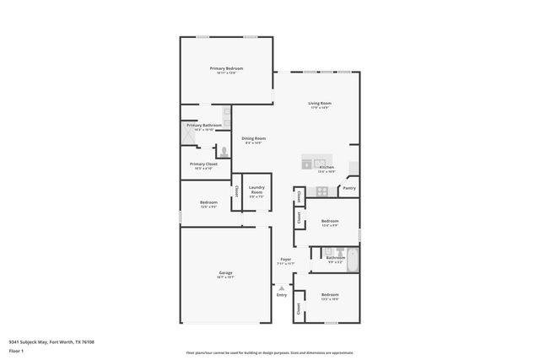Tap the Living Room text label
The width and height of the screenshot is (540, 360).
(319, 103)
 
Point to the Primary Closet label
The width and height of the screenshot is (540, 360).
(203, 164)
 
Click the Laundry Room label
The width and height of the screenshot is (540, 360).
(256, 192)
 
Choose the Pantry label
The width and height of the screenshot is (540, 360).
(349, 188)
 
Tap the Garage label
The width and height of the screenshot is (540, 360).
(225, 272)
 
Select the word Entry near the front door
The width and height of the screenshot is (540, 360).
(282, 294)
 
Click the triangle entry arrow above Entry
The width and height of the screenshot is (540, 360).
(282, 287)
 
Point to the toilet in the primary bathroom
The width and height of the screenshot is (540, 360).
(224, 152)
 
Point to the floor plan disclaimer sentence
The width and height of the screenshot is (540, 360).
(269, 352)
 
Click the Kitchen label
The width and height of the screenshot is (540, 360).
(327, 167)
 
